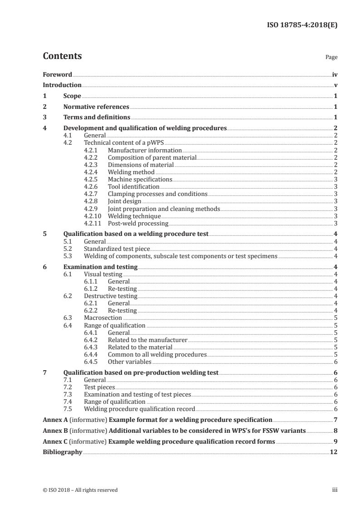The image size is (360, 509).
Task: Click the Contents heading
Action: [x=62, y=56]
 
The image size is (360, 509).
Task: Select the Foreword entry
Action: [x=57, y=74]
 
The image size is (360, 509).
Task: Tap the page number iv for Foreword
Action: [x=335, y=74]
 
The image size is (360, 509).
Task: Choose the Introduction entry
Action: [x=62, y=85]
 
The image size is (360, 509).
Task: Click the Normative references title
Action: [x=96, y=107]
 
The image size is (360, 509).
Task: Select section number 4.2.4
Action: [x=93, y=172]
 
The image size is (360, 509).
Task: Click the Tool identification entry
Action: [x=133, y=186]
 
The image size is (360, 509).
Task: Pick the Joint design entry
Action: [x=124, y=201]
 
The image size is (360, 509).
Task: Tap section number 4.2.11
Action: [x=94, y=223]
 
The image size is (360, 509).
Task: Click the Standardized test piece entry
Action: [x=117, y=249]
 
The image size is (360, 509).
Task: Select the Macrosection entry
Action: [x=103, y=318]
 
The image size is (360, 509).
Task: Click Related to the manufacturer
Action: [x=148, y=340]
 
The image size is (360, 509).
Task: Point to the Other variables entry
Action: [x=129, y=362]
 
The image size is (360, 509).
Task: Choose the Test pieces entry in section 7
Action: [x=99, y=387]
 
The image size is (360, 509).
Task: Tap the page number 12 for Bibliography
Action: [x=334, y=452]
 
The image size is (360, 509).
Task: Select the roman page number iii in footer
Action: [x=335, y=489]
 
